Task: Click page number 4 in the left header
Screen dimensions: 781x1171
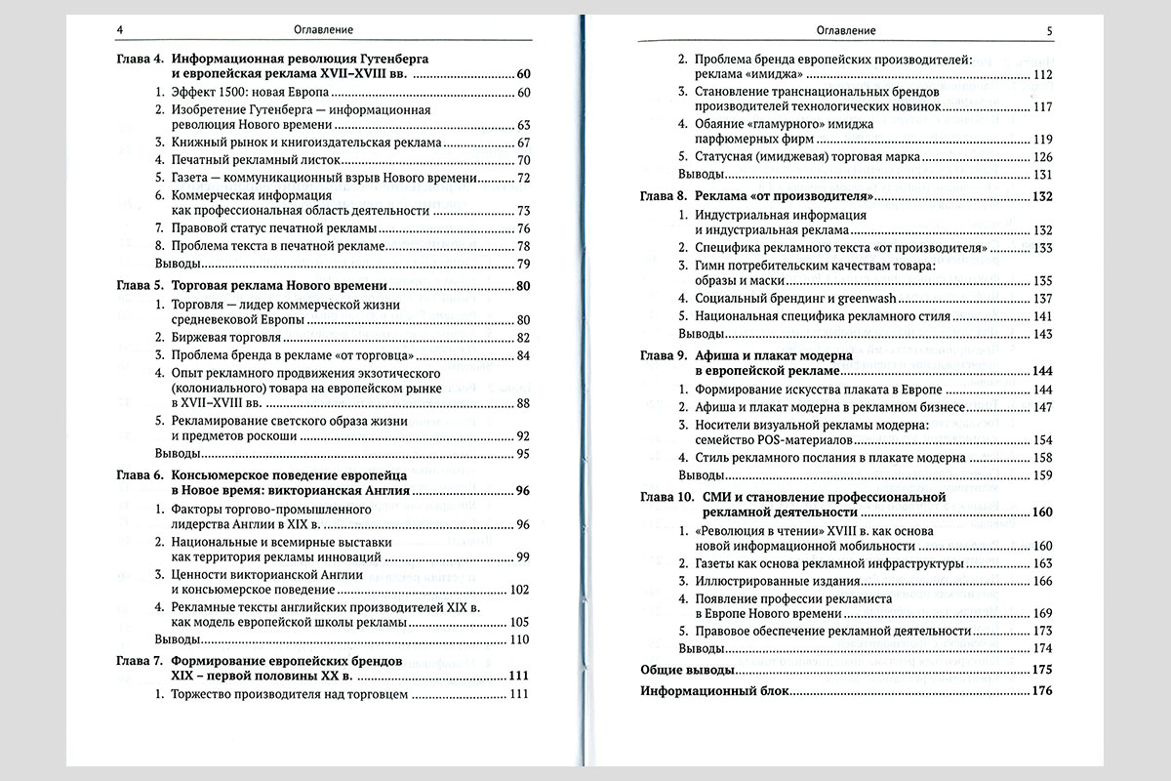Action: [118, 30]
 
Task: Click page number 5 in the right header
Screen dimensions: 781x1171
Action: [1049, 30]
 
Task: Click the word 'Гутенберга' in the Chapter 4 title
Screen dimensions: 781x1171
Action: [395, 59]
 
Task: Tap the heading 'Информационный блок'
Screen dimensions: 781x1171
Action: [713, 692]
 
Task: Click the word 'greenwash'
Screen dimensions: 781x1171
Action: [860, 299]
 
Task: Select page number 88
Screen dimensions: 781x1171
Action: [522, 404]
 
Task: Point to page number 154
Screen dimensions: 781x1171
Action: [1043, 440]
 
